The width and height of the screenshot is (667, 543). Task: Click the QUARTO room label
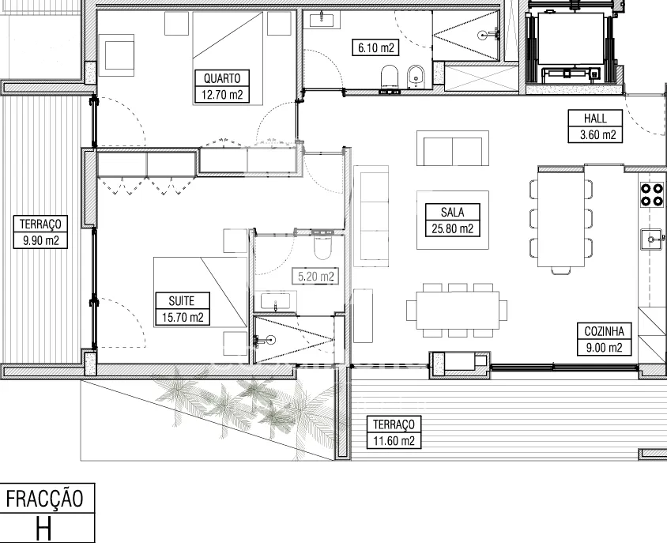tap(222, 78)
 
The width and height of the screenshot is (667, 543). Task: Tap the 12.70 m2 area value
tap(222, 95)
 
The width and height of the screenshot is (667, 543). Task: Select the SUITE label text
tap(182, 301)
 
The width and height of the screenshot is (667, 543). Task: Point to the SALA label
tap(453, 212)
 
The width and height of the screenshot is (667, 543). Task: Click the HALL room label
tap(595, 119)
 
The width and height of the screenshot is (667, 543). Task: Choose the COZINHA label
tap(604, 331)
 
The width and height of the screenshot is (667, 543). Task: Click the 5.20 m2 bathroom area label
tap(315, 277)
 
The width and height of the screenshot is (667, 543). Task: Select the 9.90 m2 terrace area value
tap(41, 240)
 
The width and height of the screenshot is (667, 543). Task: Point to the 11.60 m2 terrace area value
tap(394, 440)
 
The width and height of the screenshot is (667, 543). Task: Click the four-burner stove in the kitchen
tap(652, 194)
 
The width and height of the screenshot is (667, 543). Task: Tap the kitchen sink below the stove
tap(652, 239)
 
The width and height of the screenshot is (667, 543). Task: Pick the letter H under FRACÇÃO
tap(43, 529)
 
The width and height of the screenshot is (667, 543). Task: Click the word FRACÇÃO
tap(45, 499)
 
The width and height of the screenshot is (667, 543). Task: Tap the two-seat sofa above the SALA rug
tap(453, 148)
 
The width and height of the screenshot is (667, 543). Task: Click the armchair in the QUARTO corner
tap(116, 55)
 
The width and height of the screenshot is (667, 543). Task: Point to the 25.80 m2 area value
tap(453, 228)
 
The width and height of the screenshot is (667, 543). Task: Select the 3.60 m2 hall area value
tap(597, 135)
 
